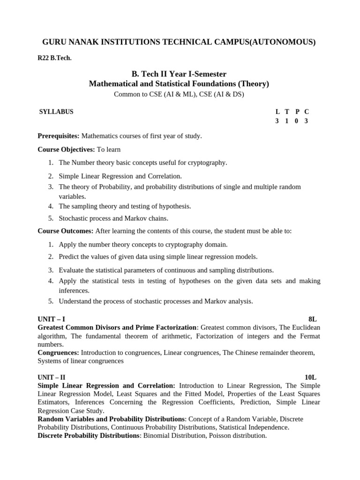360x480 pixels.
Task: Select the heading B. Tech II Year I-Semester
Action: click(x=179, y=74)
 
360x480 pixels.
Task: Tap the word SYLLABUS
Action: click(x=56, y=112)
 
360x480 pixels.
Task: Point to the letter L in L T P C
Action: click(x=278, y=112)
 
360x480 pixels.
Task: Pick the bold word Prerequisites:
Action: click(x=59, y=136)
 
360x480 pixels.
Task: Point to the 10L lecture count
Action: click(x=311, y=377)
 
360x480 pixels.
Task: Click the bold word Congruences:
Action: click(x=58, y=352)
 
